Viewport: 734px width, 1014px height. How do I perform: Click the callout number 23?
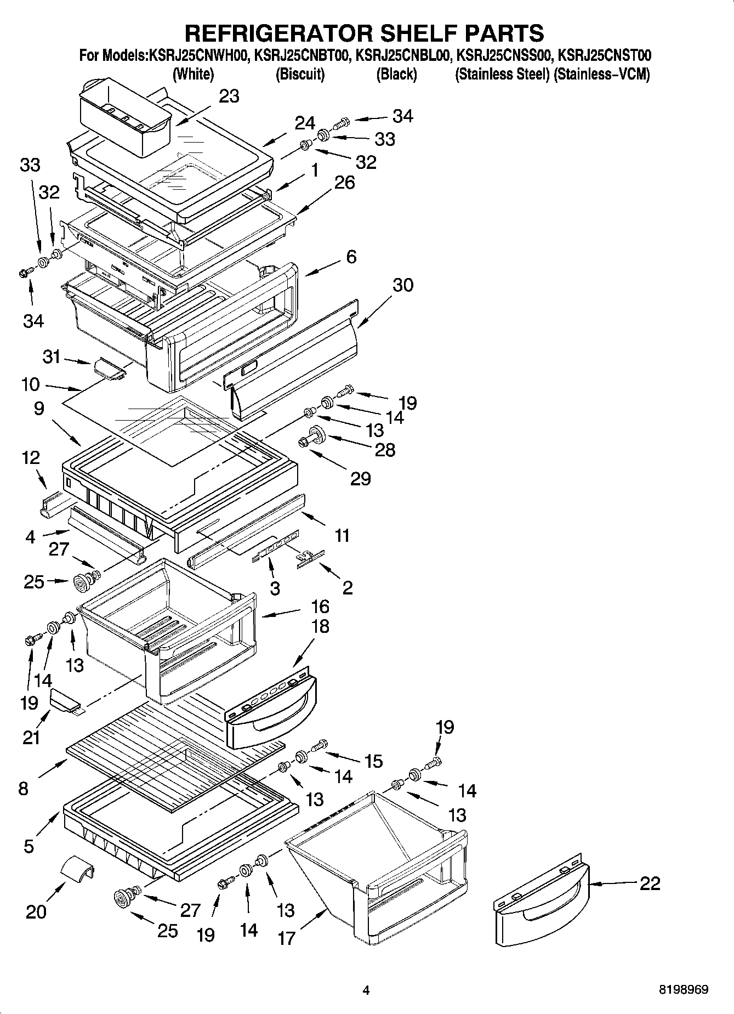pyautogui.click(x=229, y=97)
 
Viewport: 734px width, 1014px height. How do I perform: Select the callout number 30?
pyautogui.click(x=403, y=285)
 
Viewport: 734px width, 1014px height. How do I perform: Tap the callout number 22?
pyautogui.click(x=650, y=883)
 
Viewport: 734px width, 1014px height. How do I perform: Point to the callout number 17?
pyautogui.click(x=287, y=938)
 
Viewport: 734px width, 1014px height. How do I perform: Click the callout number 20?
pyautogui.click(x=36, y=912)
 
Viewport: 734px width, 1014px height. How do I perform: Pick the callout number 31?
pyautogui.click(x=52, y=357)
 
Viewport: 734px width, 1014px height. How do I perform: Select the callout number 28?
pyautogui.click(x=384, y=450)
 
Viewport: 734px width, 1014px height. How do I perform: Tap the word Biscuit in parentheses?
pyautogui.click(x=300, y=74)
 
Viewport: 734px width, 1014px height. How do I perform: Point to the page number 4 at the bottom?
pyautogui.click(x=366, y=990)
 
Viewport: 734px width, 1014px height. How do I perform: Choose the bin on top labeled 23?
pyautogui.click(x=125, y=117)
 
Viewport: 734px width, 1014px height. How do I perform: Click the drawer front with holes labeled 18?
pyautogui.click(x=271, y=709)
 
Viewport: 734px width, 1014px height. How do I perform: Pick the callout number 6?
pyautogui.click(x=351, y=257)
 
